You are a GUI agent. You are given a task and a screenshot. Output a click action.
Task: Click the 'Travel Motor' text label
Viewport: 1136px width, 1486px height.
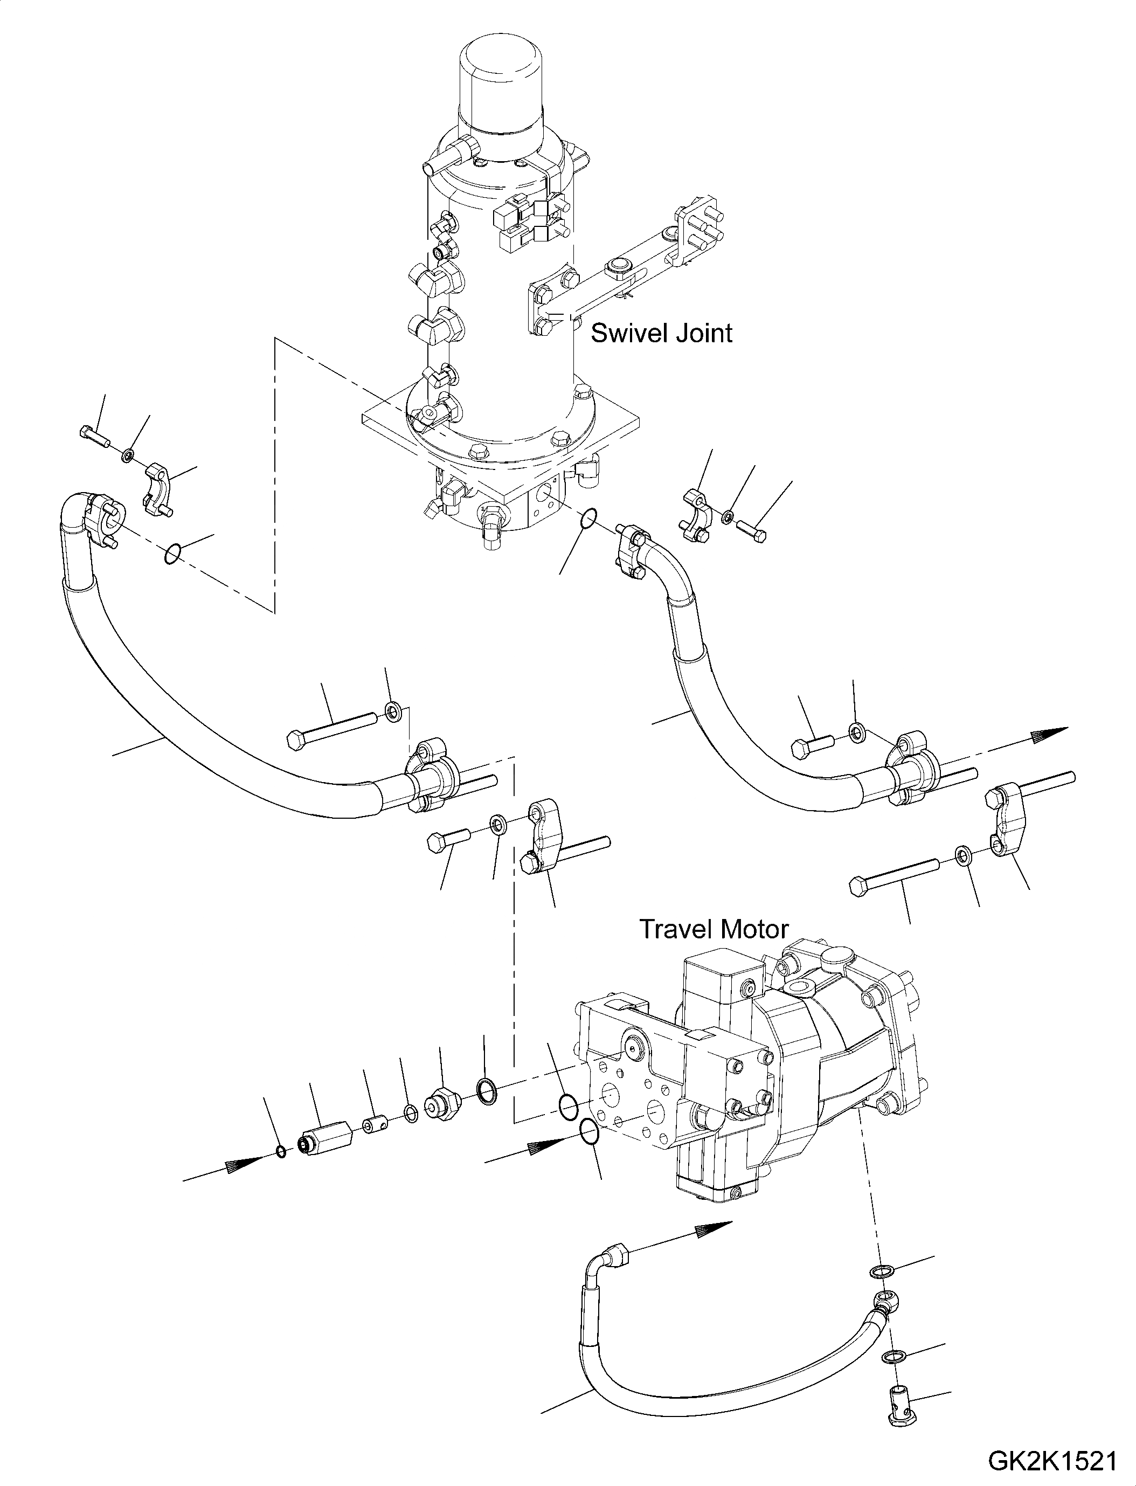pos(714,929)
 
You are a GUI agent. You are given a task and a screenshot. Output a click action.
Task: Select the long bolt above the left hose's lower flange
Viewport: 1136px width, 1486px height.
pos(331,728)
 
